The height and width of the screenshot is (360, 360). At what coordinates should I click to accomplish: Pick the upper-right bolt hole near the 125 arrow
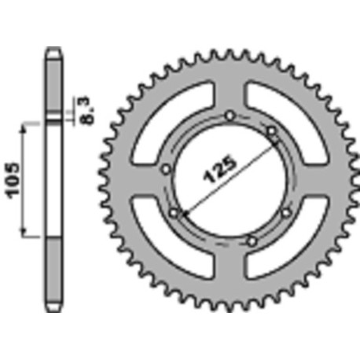coord(270,130)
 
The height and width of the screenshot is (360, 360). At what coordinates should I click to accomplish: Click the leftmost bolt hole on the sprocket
coord(166,168)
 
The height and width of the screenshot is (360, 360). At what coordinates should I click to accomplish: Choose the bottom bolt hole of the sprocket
coord(251,239)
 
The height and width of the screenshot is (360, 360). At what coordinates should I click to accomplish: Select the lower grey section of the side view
coord(53,271)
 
